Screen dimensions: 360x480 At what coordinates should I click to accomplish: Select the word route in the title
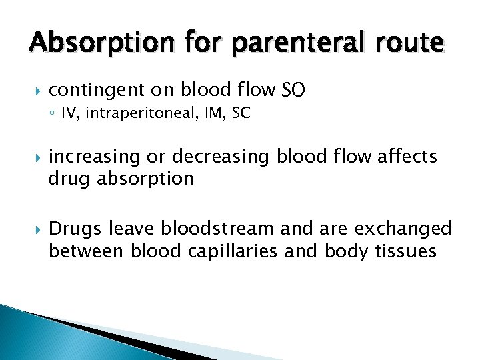point(409,44)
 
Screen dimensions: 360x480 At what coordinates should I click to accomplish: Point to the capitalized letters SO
point(293,89)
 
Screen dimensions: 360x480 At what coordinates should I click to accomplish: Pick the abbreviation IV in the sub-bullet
point(68,113)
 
